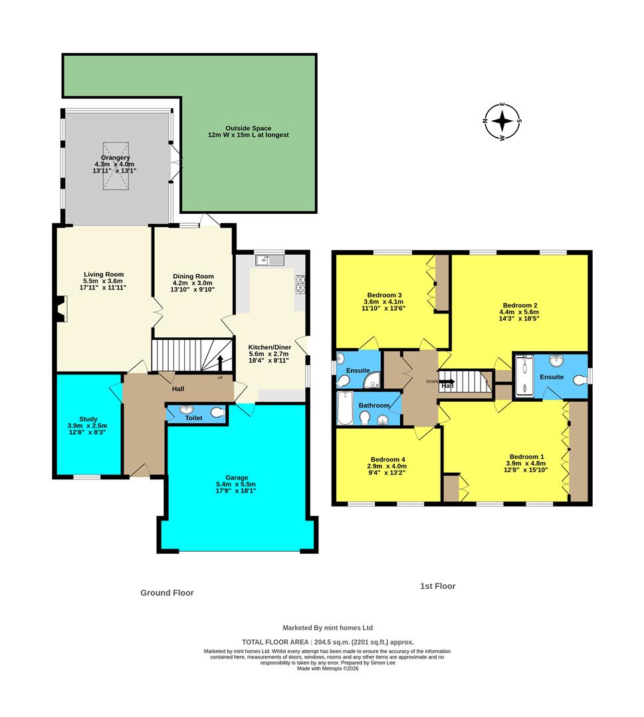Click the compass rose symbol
click(503, 121)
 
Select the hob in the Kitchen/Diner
click(300, 284)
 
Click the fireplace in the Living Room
click(61, 309)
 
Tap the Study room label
click(88, 419)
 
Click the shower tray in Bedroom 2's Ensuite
click(525, 376)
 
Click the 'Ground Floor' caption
click(167, 593)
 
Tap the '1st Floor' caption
click(437, 586)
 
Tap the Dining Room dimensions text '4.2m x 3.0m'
click(193, 284)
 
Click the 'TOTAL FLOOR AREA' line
click(328, 642)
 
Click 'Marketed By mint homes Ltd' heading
click(328, 627)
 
